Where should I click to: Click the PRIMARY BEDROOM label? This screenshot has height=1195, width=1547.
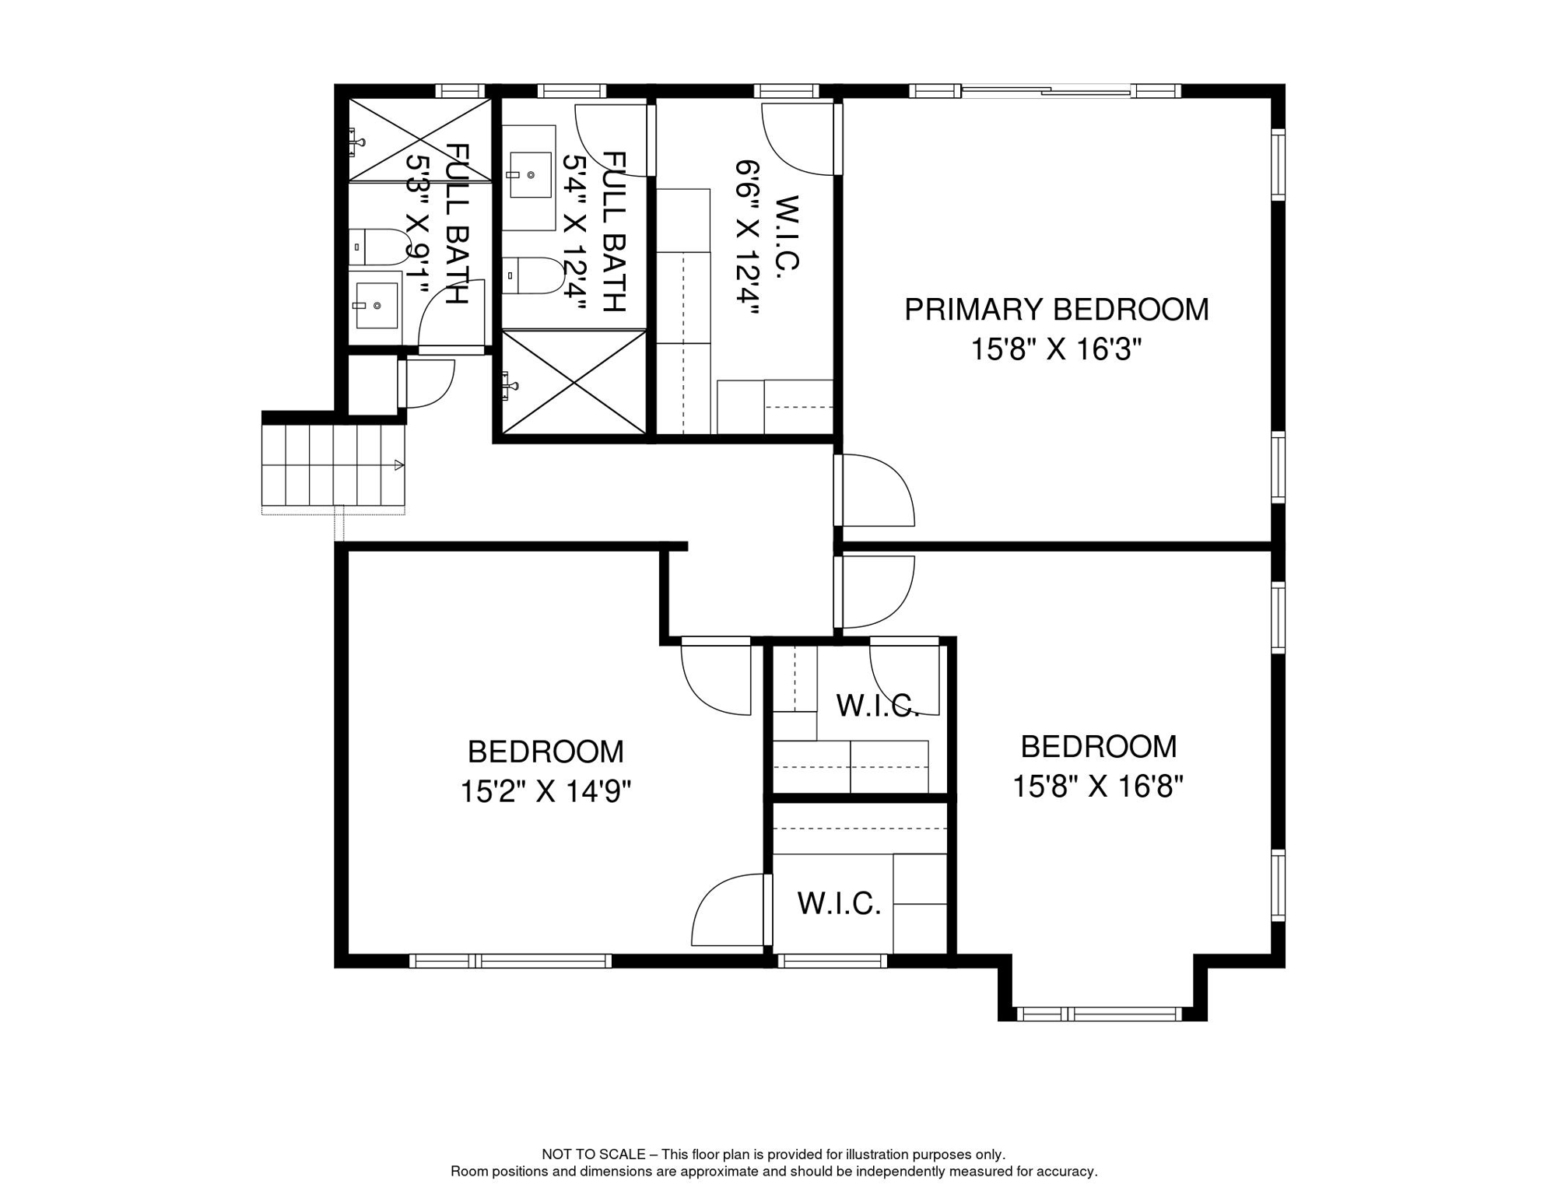click(x=1056, y=310)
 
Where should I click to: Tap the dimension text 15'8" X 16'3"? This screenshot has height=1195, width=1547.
click(x=1056, y=350)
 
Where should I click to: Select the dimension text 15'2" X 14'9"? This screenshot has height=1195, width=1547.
click(x=545, y=792)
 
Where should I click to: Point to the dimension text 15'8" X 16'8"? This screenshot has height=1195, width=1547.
click(x=1098, y=787)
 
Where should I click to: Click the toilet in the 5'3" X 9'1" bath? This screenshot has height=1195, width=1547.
click(x=379, y=247)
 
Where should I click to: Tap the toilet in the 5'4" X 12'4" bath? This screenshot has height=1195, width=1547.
click(x=533, y=275)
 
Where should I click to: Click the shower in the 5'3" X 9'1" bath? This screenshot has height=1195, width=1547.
click(x=419, y=141)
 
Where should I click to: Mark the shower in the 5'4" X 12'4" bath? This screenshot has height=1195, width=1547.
click(x=574, y=382)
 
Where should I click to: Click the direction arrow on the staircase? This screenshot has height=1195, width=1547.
click(x=399, y=465)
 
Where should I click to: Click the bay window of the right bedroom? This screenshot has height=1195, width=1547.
click(x=1101, y=1014)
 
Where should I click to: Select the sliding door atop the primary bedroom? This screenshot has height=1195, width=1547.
click(x=1046, y=91)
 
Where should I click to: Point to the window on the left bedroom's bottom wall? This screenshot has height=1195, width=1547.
click(x=510, y=961)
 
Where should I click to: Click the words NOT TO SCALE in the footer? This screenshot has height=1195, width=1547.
click(x=593, y=1155)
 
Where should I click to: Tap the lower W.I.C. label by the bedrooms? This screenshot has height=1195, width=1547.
click(x=839, y=903)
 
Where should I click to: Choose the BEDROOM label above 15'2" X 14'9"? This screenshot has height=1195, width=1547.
click(x=545, y=752)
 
